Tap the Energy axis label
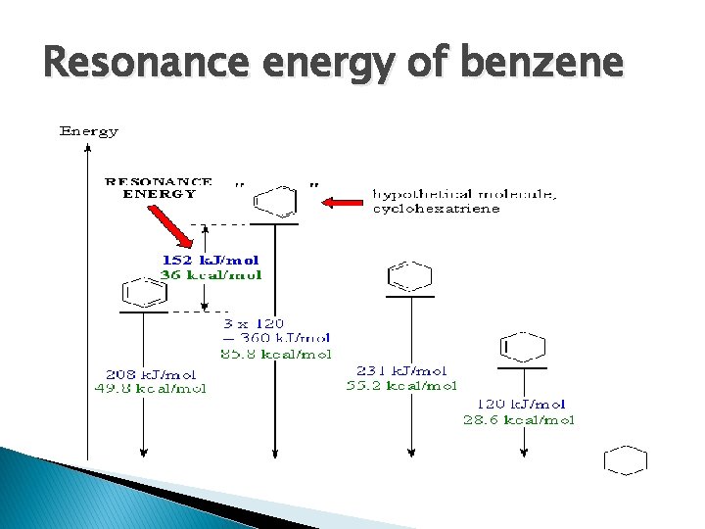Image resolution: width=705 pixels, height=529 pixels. pos(89,130)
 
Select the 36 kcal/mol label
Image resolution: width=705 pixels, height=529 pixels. pos(211,275)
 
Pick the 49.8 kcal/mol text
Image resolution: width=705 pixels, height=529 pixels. pos(156,388)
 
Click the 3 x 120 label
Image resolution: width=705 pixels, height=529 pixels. pos(254,322)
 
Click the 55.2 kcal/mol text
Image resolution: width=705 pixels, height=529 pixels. pos(401,385)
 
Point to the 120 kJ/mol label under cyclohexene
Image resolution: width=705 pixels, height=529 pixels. pos(521,404)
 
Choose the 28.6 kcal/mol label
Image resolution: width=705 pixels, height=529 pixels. pos(519,419)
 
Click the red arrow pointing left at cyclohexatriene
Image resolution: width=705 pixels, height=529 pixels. pos(342,203)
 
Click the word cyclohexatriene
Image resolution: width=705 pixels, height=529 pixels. pos(436,209)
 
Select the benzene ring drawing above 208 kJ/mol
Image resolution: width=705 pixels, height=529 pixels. pos(143,292)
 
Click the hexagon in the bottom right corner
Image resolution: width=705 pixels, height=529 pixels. pos(626,459)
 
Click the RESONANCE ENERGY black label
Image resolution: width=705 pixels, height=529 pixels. pos(159,187)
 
